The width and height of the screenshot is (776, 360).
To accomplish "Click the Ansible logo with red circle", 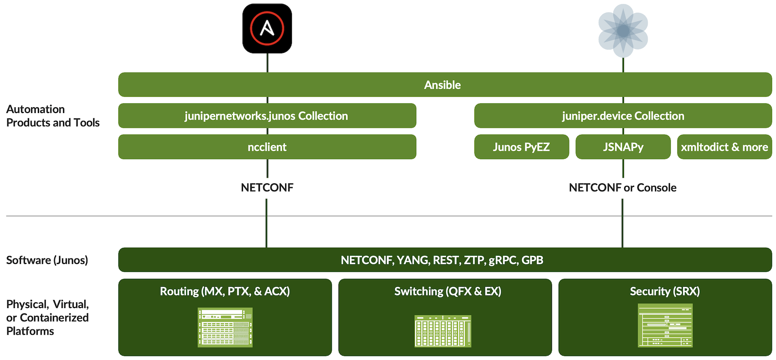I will tap(267, 28).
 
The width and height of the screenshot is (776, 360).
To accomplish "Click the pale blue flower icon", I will tap(623, 31).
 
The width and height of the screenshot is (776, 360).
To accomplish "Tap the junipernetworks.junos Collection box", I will tap(267, 116).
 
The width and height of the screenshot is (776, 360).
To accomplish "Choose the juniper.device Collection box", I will tap(623, 116).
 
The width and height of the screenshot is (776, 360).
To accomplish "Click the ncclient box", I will tap(267, 147).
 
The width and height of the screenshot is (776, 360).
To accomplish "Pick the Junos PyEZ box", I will tap(521, 147).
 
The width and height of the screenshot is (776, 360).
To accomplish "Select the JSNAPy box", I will tap(623, 147).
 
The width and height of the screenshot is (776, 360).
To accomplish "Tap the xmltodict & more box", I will tap(724, 147).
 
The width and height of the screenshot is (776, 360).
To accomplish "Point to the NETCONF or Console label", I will tap(622, 188).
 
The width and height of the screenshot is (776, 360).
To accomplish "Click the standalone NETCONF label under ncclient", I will tap(267, 188).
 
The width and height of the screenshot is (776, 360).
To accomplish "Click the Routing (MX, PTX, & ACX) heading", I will tap(225, 291).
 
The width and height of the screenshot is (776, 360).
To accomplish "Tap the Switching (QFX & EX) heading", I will tap(447, 291).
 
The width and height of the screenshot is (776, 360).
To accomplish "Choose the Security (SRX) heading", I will tap(664, 291).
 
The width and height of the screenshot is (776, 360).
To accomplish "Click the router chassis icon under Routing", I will tap(225, 327).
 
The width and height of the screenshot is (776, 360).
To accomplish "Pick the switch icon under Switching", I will tap(442, 331).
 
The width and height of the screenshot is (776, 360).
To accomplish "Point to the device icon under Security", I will tap(664, 325).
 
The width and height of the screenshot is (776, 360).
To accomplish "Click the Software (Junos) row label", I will tap(47, 260).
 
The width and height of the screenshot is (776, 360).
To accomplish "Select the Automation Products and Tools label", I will tap(52, 116).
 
